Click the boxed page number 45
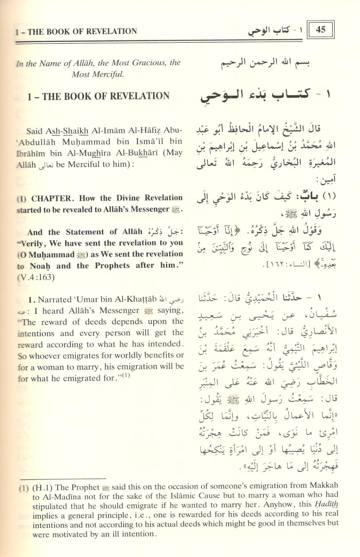[320, 29]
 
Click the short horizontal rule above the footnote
[62, 479]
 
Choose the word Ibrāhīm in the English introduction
[29, 153]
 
